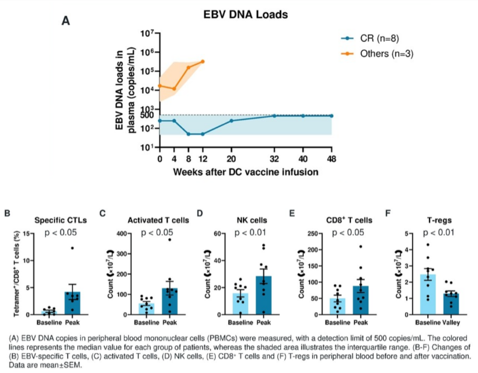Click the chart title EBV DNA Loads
coord(246,15)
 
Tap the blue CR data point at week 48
coord(331,115)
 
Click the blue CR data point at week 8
coord(189,134)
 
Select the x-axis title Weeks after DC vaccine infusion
coord(246,172)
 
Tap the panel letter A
coord(66,20)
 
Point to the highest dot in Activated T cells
coord(170,240)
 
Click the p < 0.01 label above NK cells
coord(252,233)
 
